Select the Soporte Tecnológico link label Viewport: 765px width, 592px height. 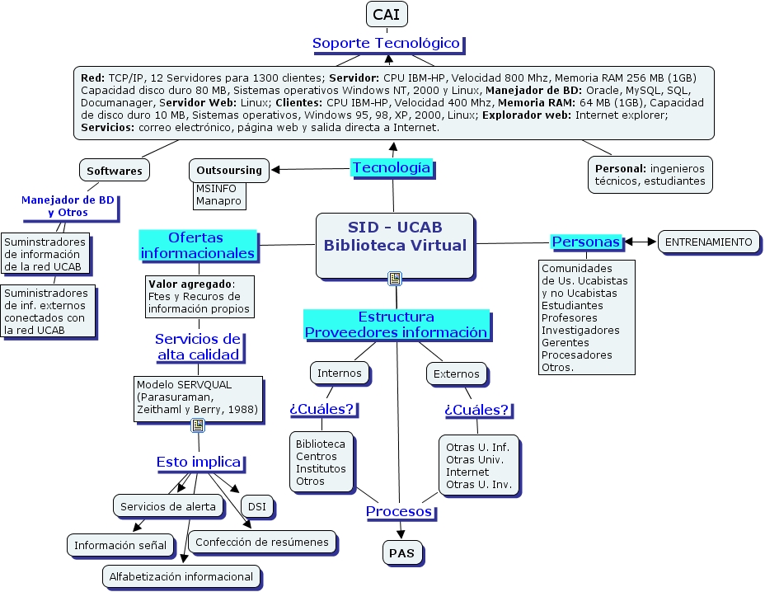coord(386,43)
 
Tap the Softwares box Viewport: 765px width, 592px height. coord(115,171)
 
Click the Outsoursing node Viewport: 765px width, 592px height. coord(228,171)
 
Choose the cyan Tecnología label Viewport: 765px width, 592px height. coord(392,168)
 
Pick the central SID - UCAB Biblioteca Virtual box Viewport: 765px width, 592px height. coord(395,245)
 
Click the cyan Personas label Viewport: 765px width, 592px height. coord(586,242)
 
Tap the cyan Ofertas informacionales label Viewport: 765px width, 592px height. coord(197,245)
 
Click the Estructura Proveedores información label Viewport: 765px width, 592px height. coord(397,325)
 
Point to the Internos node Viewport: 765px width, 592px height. coord(339,373)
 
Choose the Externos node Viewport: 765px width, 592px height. coord(456,374)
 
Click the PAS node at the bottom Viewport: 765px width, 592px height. coord(401,553)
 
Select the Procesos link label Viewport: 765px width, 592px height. coord(399,512)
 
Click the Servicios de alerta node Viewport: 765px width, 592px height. coord(167,506)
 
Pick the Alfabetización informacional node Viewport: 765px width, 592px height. coord(181,576)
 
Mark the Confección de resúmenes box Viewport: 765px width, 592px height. coord(262,542)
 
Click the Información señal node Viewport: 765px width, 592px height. coord(120,545)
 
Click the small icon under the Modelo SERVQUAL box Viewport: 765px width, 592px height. coord(198,425)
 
